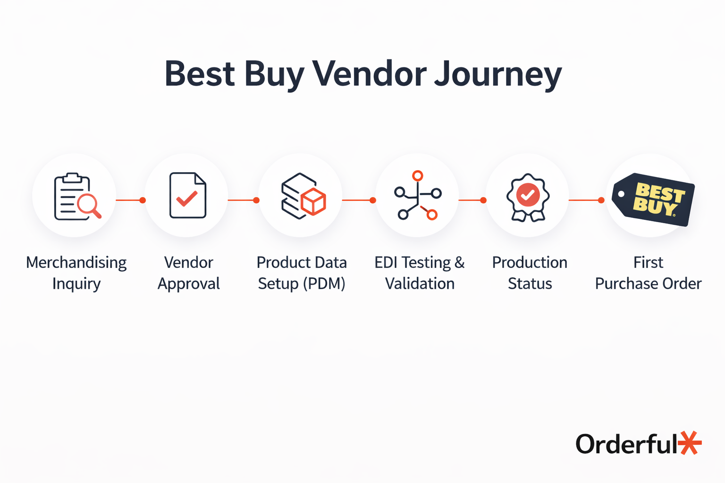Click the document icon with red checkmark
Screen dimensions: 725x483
tap(188, 195)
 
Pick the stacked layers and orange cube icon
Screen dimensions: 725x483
tap(303, 196)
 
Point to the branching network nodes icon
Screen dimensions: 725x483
tap(418, 195)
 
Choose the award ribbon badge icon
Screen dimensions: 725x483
tap(528, 197)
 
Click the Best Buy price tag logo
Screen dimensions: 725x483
tap(653, 199)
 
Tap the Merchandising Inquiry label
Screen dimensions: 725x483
tap(76, 273)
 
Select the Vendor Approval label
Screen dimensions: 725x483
tap(189, 273)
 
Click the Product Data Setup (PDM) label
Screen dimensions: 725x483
tap(302, 273)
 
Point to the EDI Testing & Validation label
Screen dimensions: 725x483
tap(420, 273)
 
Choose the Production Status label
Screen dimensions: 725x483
tap(530, 273)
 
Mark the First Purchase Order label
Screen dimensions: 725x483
tap(648, 273)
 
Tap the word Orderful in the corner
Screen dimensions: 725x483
tap(627, 444)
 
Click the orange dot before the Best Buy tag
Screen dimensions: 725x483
tap(601, 200)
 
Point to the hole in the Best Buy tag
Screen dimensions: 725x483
tap(621, 194)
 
